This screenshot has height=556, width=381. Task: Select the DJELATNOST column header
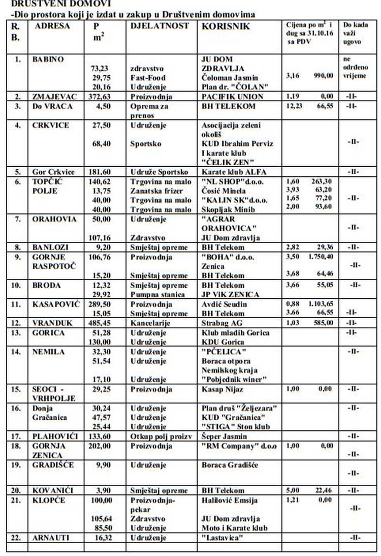(159, 26)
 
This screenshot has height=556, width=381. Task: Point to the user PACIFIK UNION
(232, 97)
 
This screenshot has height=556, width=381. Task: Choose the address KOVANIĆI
(53, 490)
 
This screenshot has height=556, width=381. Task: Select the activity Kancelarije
(151, 323)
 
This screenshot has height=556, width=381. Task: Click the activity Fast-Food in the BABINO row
(147, 77)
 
